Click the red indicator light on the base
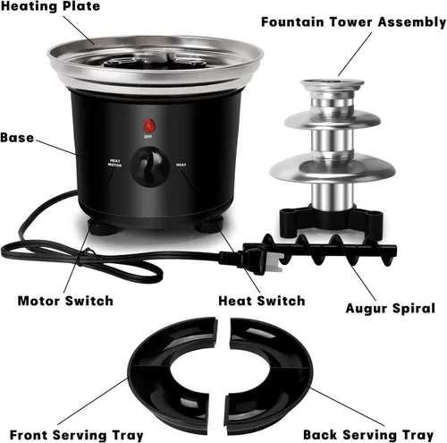pos(148,125)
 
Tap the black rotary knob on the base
pos(150,166)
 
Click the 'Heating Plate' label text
pos(50,6)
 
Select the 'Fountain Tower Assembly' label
pos(354,22)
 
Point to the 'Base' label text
pos(17,138)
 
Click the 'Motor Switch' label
pos(65,301)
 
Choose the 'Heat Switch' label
pos(262,301)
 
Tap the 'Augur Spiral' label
pos(391,309)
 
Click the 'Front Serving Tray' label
pos(77,435)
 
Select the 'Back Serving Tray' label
pos(368,435)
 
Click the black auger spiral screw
pos(329,250)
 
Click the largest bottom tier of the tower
pos(333,171)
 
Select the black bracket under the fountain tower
pos(331,220)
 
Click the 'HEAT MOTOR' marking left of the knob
pos(114,163)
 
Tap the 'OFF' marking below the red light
pos(148,137)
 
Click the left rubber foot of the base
pos(103,227)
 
